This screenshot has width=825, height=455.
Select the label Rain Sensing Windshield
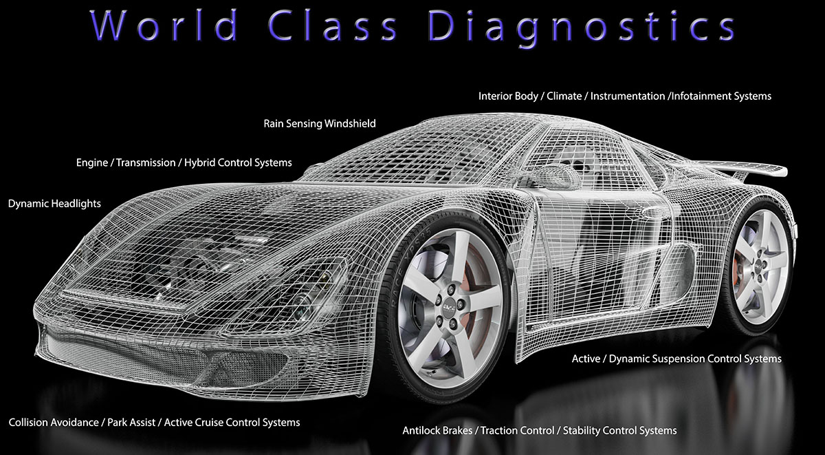(x=320, y=124)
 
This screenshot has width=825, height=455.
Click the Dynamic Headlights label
(x=54, y=204)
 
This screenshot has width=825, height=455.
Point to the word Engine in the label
(x=92, y=163)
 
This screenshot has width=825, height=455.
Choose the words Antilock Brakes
(x=437, y=431)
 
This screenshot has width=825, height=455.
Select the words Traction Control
(x=517, y=431)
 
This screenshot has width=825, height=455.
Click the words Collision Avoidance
(x=54, y=422)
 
